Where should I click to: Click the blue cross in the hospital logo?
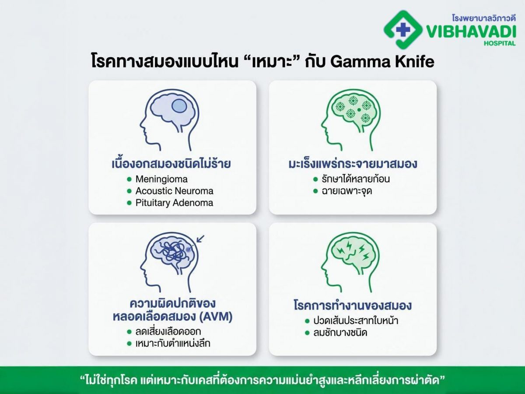[403, 30]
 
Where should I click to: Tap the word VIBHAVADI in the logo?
[471, 32]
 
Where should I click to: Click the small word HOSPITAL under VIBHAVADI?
[500, 43]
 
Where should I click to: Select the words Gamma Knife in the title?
[382, 62]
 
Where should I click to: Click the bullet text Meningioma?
[161, 179]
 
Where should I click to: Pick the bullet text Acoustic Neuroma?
[175, 191]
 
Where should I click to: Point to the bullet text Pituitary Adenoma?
[174, 203]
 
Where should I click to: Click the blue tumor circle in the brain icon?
[179, 106]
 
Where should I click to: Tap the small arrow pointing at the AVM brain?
[200, 239]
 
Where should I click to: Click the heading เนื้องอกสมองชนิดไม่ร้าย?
[171, 164]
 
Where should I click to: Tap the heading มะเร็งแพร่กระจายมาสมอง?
[353, 164]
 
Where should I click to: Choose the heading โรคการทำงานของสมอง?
[353, 306]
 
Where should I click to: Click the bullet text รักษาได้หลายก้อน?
[356, 179]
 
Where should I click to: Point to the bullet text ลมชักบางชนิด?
[340, 333]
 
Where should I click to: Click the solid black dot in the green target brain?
[359, 110]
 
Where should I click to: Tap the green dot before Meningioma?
[129, 179]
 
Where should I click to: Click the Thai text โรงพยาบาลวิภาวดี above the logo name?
[483, 18]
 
